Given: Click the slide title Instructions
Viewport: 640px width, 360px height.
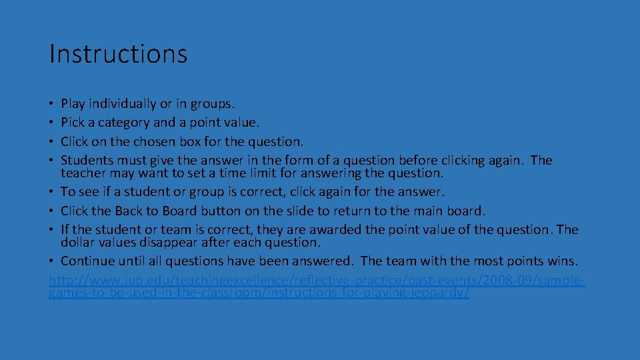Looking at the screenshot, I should (x=118, y=53).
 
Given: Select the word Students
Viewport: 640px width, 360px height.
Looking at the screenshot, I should (x=87, y=161).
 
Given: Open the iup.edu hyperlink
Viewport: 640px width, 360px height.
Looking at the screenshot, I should (x=317, y=281).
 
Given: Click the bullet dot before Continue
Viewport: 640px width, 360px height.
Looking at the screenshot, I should (x=53, y=261).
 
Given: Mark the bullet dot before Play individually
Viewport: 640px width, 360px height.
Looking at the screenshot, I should (x=53, y=105).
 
